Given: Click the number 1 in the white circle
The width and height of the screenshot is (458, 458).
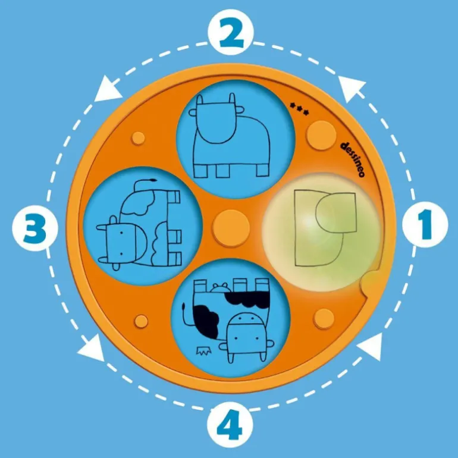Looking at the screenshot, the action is pyautogui.click(x=425, y=224).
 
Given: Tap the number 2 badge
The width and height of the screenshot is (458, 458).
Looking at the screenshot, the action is pyautogui.click(x=231, y=32).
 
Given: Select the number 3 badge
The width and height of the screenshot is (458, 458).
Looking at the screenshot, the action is pyautogui.click(x=34, y=228).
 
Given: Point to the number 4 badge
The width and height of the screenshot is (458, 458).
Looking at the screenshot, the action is pyautogui.click(x=230, y=425).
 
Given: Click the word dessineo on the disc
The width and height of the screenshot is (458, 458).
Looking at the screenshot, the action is pyautogui.click(x=353, y=159).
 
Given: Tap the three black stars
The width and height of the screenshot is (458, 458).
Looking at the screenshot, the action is pyautogui.click(x=299, y=109).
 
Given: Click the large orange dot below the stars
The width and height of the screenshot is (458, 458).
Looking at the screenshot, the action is pyautogui.click(x=321, y=135).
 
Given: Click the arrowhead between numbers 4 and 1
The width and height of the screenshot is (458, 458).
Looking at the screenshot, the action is pyautogui.click(x=370, y=347).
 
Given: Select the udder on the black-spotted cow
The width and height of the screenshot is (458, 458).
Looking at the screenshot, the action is pyautogui.click(x=220, y=288).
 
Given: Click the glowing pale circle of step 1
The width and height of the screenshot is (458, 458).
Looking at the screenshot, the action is pyautogui.click(x=321, y=232).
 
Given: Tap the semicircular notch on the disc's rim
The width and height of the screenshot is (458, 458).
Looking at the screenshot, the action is pyautogui.click(x=369, y=283).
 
